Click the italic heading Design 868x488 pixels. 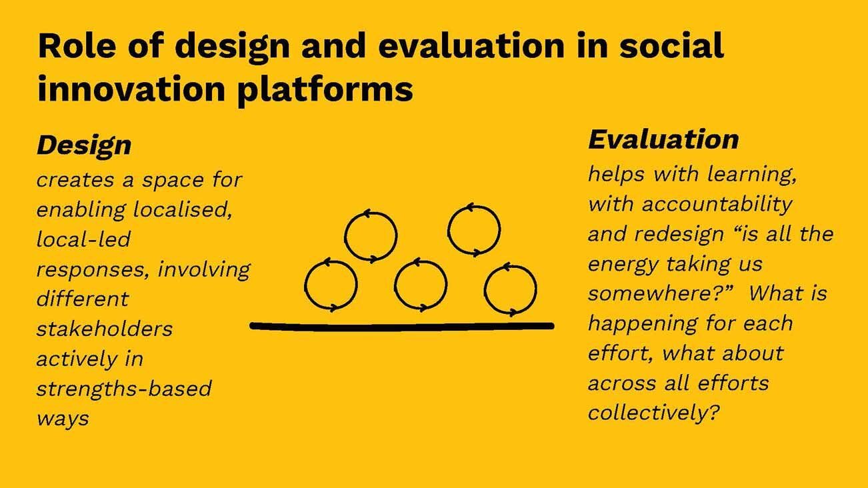tap(84, 145)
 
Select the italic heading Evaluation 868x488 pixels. tap(663, 139)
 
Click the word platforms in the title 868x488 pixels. tap(325, 88)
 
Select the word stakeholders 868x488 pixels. tap(105, 329)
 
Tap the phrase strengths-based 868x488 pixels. tap(123, 389)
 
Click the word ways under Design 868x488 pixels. tap(63, 419)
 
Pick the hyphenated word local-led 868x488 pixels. tap(83, 239)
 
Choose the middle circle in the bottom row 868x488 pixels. tap(420, 285)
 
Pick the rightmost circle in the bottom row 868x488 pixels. tap(510, 289)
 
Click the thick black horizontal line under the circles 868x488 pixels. tap(402, 326)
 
